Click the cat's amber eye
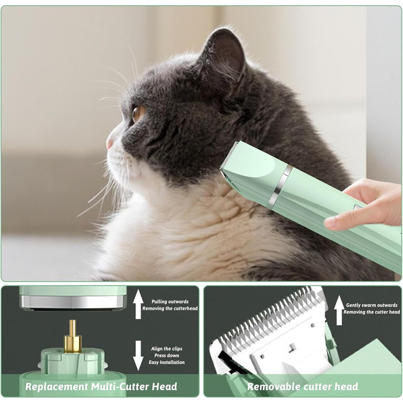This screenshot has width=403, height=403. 138,114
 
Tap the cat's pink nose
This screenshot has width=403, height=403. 110,143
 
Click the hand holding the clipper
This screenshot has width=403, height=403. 365,204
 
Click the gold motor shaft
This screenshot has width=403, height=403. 73,336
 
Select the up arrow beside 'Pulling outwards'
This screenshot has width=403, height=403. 138,304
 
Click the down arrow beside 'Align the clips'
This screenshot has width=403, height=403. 138,355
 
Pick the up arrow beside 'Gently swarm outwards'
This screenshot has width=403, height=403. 339,310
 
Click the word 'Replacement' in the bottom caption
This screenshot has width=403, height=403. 56,386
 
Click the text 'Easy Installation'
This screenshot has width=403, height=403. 166,362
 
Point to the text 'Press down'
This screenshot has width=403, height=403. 166,355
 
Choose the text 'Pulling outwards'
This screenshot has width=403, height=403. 170,302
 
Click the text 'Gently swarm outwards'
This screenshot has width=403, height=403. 372,305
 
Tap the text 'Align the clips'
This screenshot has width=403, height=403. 166,349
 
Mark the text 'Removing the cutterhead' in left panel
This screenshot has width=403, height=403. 170,309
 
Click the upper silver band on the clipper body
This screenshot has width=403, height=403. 286,176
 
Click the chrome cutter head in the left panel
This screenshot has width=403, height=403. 73,302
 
